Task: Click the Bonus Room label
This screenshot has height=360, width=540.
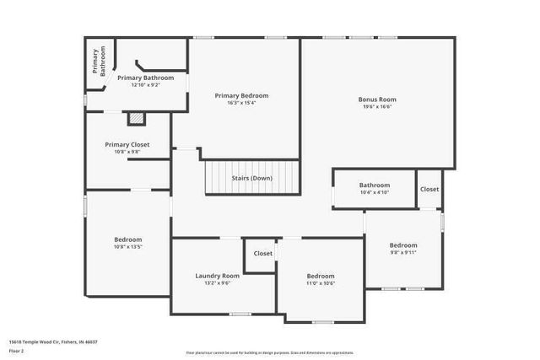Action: (377, 99)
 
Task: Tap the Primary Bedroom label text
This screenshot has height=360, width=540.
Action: (241, 95)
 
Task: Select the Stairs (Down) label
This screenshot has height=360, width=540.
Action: (252, 178)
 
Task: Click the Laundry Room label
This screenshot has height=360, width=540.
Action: (218, 276)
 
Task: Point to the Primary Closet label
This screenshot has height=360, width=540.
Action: (127, 144)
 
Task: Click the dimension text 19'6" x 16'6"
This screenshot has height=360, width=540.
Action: (377, 107)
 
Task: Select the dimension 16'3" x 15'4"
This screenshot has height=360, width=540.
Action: (241, 103)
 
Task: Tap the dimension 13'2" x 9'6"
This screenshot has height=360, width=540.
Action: (218, 283)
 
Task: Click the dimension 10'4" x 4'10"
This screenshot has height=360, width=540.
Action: (375, 192)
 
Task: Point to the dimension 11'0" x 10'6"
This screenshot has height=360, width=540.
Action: (321, 283)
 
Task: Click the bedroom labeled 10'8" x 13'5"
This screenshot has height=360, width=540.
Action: (128, 239)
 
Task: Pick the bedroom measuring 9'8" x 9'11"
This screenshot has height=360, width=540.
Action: (403, 244)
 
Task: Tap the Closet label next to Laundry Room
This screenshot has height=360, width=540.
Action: (263, 253)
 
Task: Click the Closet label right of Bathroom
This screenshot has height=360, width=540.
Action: (429, 189)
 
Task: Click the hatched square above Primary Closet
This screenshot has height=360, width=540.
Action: (135, 119)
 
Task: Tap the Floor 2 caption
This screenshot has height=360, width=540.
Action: (18, 349)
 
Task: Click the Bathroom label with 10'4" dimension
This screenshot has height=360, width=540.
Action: (375, 185)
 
